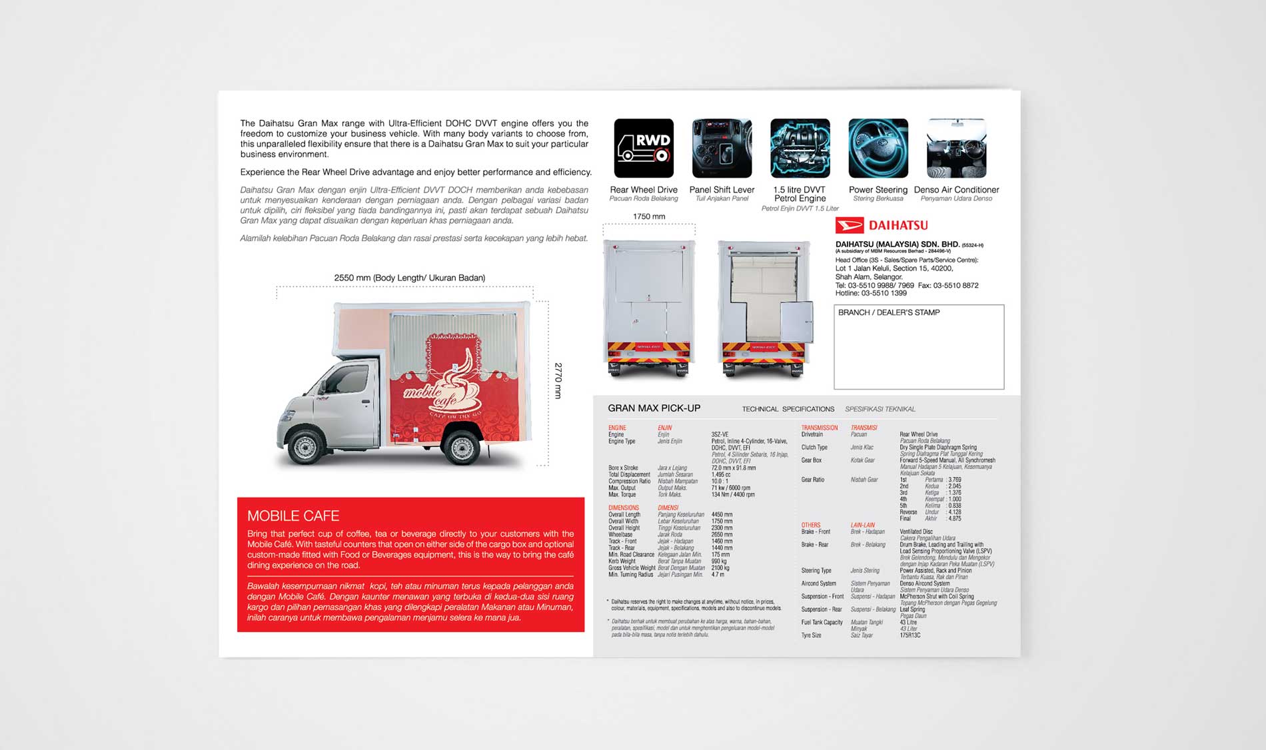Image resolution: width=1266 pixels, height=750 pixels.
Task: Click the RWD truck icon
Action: (644, 148)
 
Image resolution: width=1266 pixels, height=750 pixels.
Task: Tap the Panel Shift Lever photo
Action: (722, 148)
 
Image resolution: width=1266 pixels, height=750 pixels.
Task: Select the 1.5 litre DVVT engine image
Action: (800, 148)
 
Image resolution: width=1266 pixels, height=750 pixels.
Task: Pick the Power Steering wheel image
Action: (878, 148)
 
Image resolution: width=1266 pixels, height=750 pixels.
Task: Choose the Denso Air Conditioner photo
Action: (956, 148)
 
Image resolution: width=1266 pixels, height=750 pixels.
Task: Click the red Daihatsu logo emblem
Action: (850, 225)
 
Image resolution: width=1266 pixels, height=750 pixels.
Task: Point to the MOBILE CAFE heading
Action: (293, 516)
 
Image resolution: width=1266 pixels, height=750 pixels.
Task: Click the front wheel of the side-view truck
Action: (306, 447)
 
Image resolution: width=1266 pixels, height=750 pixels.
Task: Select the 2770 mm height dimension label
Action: (558, 380)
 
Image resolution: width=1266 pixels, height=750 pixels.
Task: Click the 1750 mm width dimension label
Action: (649, 216)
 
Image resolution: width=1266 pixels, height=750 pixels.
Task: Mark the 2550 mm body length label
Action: (409, 278)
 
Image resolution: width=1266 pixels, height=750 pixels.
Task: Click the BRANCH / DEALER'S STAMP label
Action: (889, 312)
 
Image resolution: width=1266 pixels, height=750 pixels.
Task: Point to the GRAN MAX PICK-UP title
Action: (654, 408)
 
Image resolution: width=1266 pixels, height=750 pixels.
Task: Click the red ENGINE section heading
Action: (617, 428)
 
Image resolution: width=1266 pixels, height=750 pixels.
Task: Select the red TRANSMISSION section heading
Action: (819, 428)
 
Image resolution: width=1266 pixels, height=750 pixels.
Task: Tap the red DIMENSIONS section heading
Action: (623, 508)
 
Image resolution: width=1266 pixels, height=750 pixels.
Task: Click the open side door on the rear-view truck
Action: (797, 322)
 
